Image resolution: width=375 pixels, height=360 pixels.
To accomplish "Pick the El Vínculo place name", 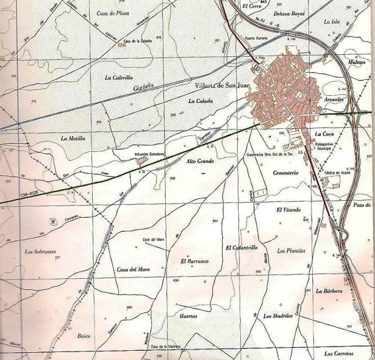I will [289, 210].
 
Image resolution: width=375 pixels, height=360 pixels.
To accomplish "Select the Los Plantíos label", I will [290, 251].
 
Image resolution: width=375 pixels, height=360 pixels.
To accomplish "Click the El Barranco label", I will [195, 261].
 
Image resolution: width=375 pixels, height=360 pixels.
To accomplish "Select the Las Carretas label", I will [339, 353].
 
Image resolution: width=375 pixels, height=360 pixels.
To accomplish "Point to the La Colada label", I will [200, 101].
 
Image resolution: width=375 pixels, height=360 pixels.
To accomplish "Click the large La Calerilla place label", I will [118, 77].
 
